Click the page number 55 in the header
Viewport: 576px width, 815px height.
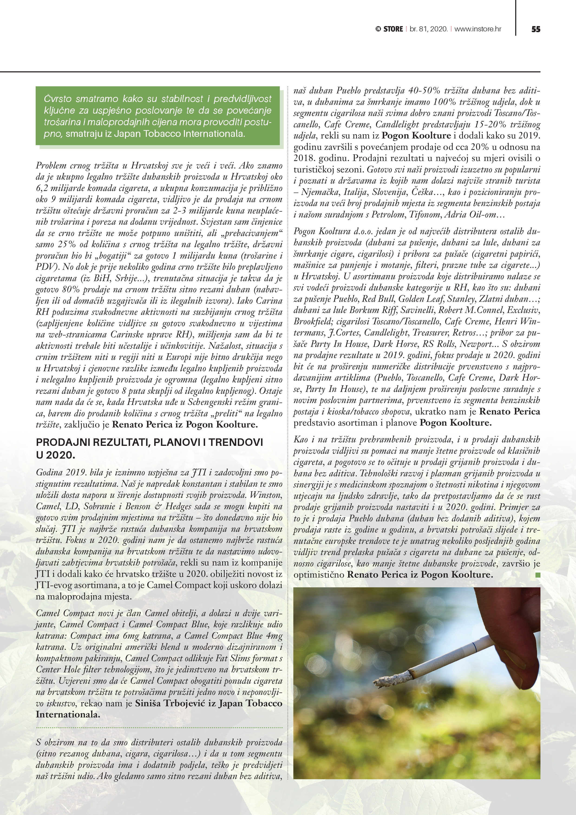(536, 29)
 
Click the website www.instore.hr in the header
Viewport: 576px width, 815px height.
(478, 29)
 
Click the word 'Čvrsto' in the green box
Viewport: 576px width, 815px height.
(58, 99)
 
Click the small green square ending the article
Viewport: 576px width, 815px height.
(537, 575)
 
